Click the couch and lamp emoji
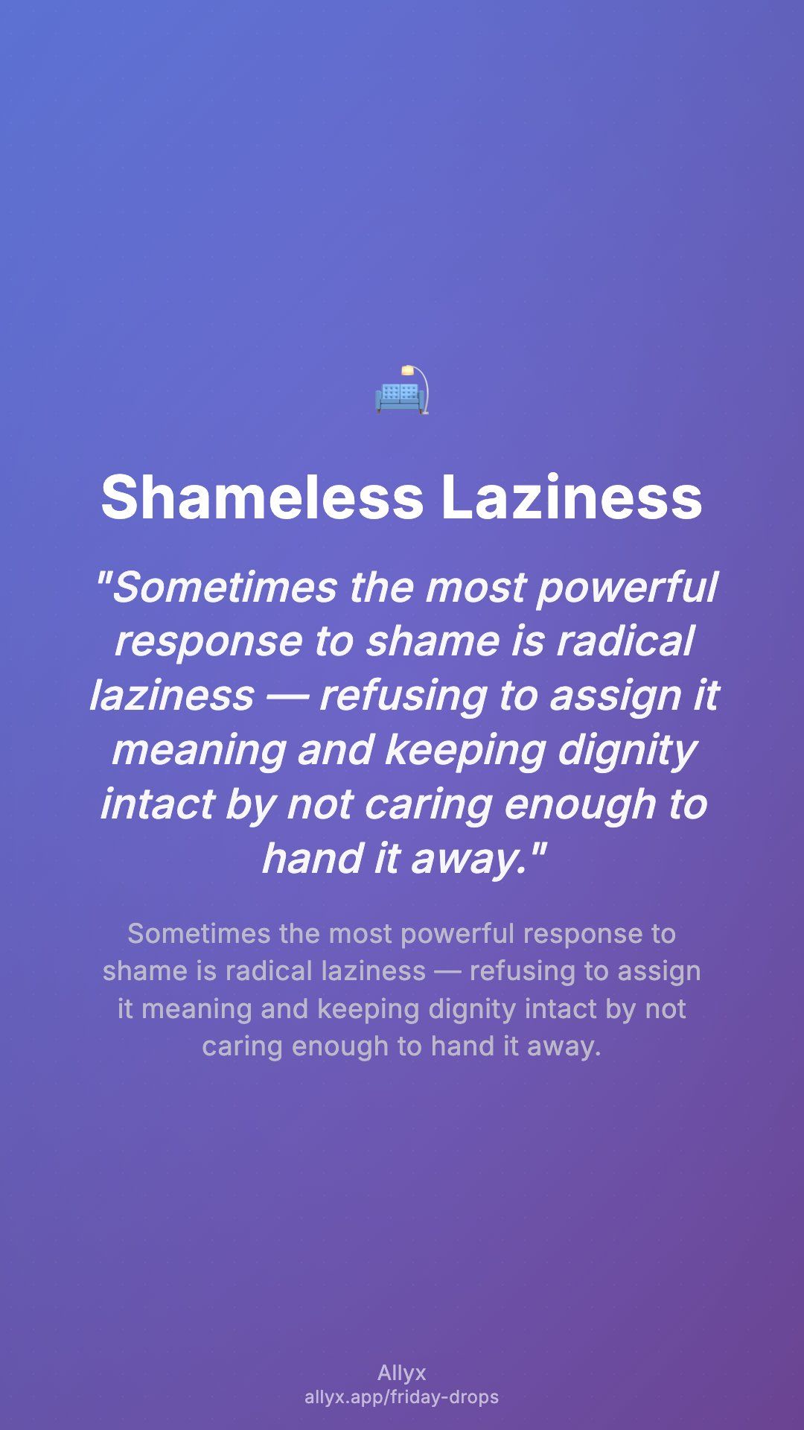click(x=402, y=390)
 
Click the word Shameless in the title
click(x=262, y=497)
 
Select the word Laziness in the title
click(x=572, y=497)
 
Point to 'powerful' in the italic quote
click(x=627, y=588)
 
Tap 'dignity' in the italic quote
click(x=627, y=751)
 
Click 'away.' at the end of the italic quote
click(x=476, y=859)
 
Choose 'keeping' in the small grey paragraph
click(x=369, y=1009)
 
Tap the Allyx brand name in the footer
click(x=402, y=1373)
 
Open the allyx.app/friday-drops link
click(x=402, y=1397)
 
